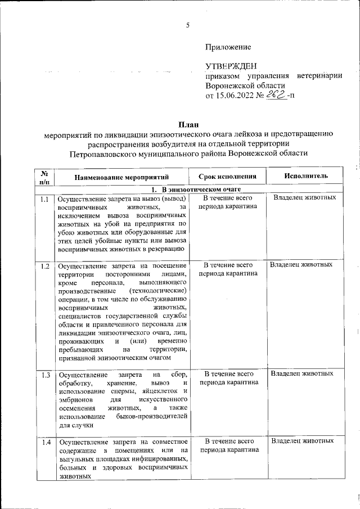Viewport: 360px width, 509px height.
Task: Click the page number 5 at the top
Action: (188, 25)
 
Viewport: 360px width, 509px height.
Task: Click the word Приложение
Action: (228, 47)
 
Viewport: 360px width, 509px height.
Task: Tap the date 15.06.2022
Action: (235, 96)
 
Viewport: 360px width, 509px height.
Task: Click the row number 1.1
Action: (45, 199)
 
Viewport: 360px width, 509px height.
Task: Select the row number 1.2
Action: (45, 265)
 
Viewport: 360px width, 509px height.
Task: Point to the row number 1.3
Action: (45, 375)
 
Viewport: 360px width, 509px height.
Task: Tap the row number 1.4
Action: (45, 443)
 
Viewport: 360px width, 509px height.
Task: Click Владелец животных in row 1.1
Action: (305, 198)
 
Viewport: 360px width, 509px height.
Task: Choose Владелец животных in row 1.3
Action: (302, 373)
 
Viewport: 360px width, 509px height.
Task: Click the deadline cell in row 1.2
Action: (228, 269)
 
